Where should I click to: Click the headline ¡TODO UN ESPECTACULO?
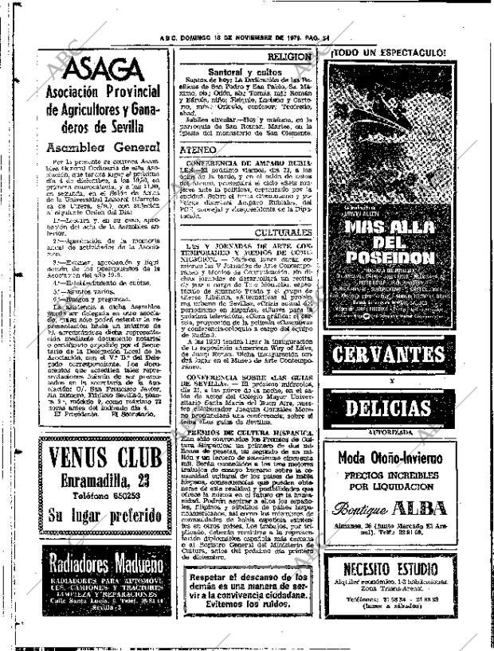pyautogui.click(x=388, y=53)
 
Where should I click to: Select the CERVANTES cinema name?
pyautogui.click(x=388, y=357)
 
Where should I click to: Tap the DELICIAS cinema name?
pyautogui.click(x=388, y=409)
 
